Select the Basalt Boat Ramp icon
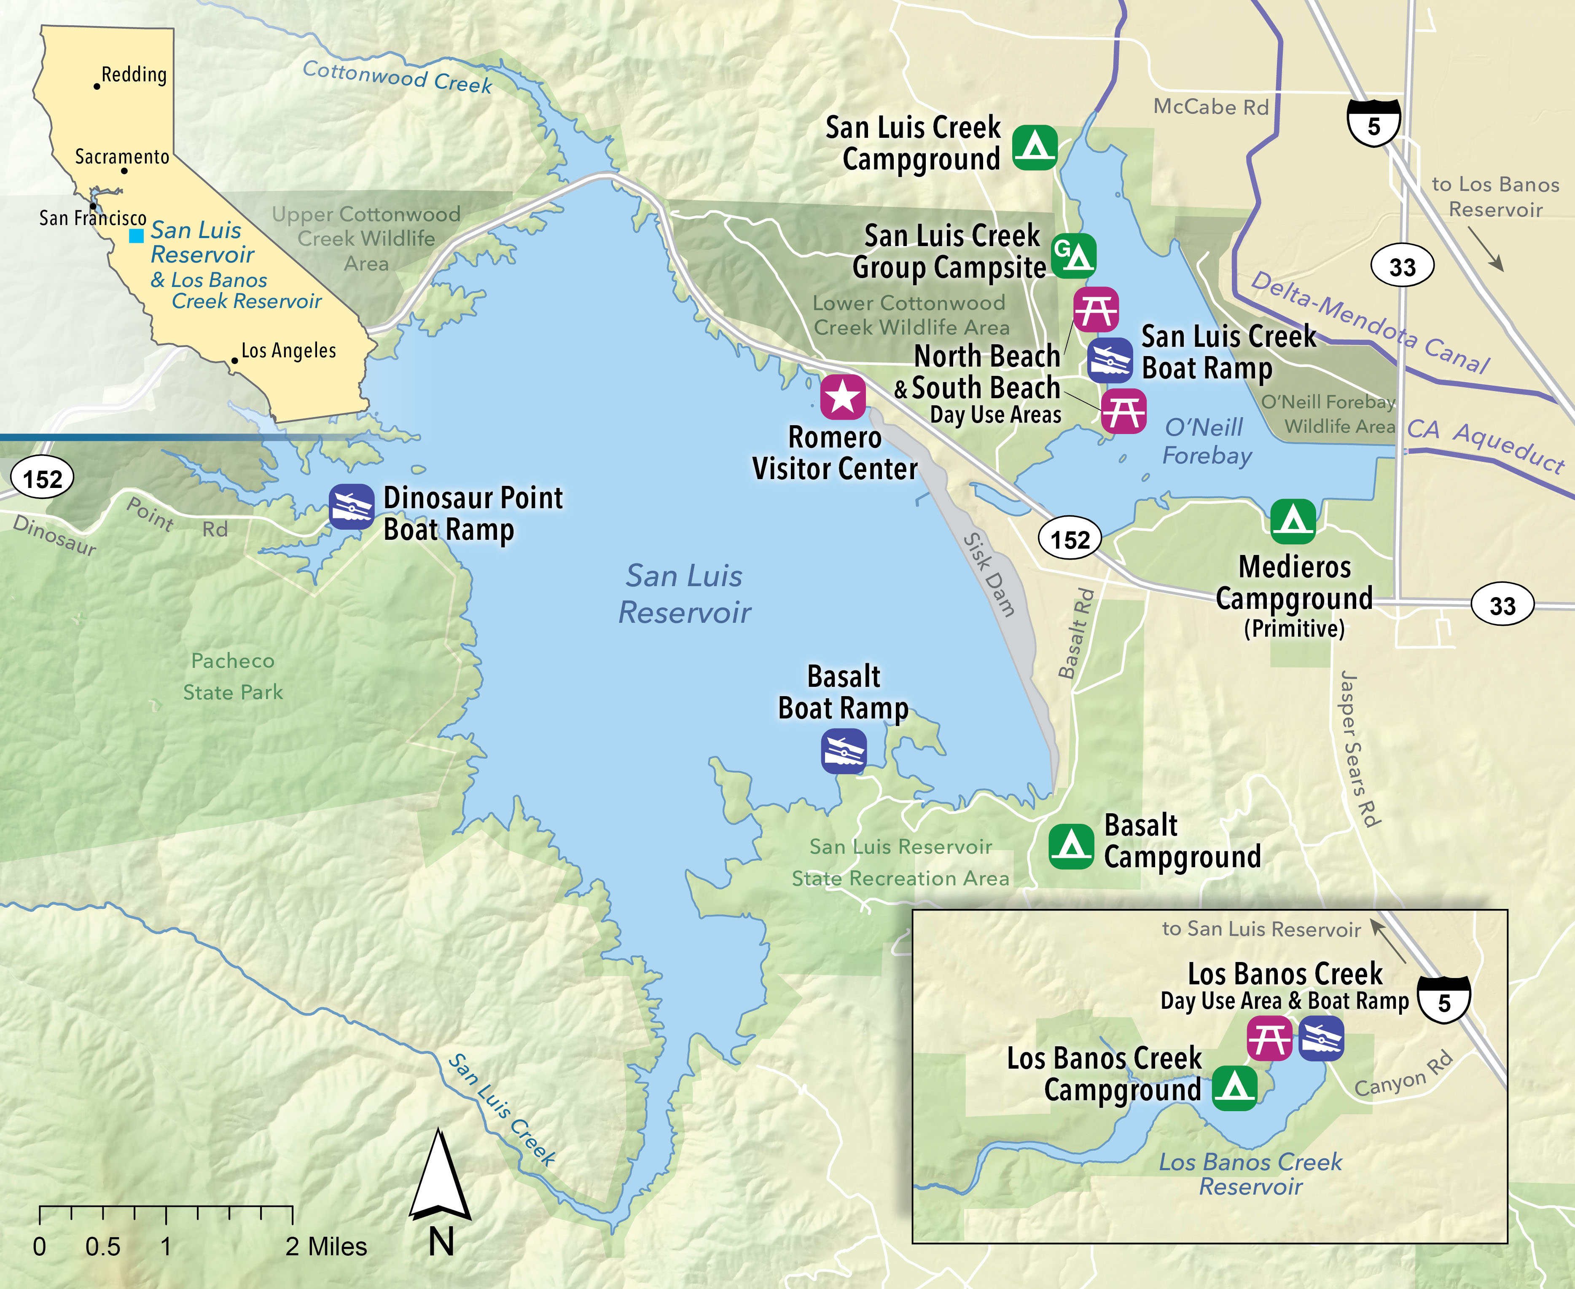point(843,750)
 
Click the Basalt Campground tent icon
point(1070,847)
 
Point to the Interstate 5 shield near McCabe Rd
point(1373,123)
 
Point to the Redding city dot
point(97,86)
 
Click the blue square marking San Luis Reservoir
point(136,236)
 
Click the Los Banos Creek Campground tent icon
point(1234,1088)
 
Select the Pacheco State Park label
point(233,676)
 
